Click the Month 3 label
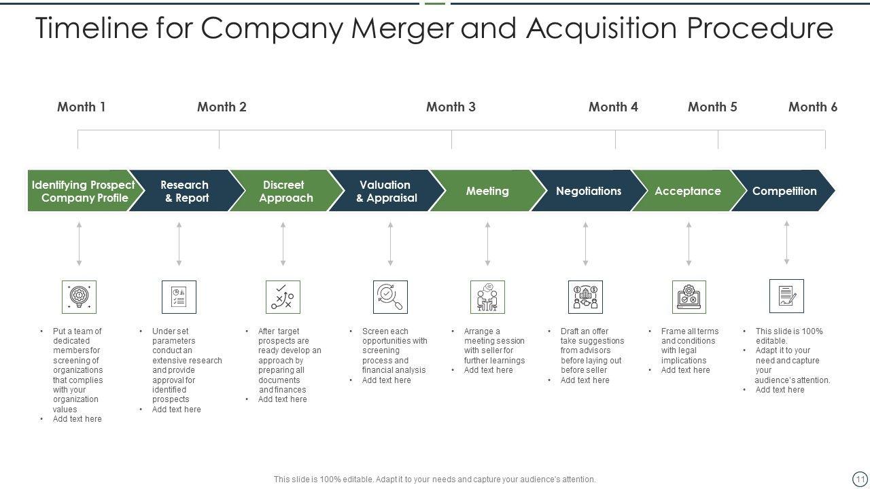click(x=451, y=107)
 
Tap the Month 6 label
click(x=812, y=107)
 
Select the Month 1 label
click(x=81, y=107)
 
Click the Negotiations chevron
click(x=588, y=191)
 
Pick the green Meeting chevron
click(x=487, y=191)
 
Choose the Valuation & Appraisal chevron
click(x=385, y=191)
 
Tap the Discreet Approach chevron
click(x=285, y=191)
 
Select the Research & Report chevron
click(x=184, y=191)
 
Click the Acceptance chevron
click(x=687, y=191)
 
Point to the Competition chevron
click(x=784, y=191)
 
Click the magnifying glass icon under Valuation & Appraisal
click(x=390, y=297)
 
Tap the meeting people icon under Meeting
click(x=487, y=297)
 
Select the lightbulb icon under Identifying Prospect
click(x=79, y=297)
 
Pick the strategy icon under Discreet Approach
click(x=283, y=297)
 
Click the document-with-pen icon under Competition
click(x=786, y=296)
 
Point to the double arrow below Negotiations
click(x=585, y=243)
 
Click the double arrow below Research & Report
click(x=179, y=243)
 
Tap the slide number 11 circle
click(x=860, y=478)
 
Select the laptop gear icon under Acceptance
click(x=689, y=297)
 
